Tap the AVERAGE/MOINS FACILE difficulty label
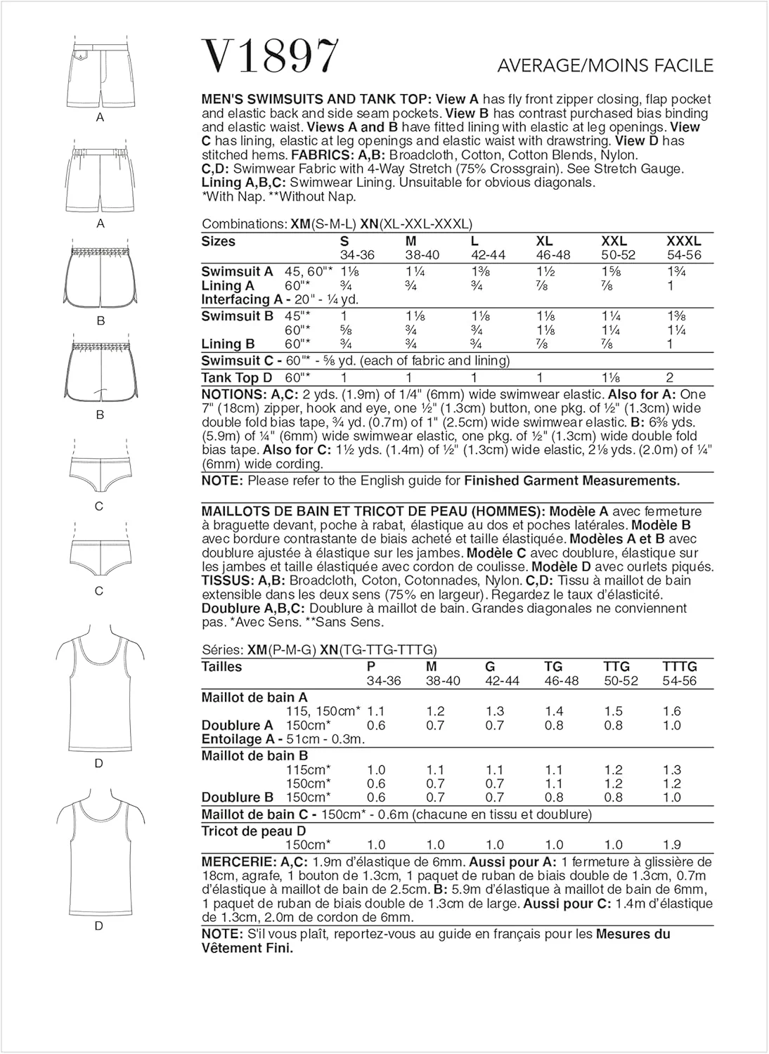[605, 65]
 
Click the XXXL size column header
[683, 241]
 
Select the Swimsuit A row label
[237, 271]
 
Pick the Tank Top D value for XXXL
[671, 377]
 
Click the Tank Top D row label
[237, 377]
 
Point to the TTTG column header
[679, 666]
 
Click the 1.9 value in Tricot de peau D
[671, 845]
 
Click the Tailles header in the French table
[221, 666]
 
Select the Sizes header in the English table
[218, 241]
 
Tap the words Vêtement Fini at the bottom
[247, 948]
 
